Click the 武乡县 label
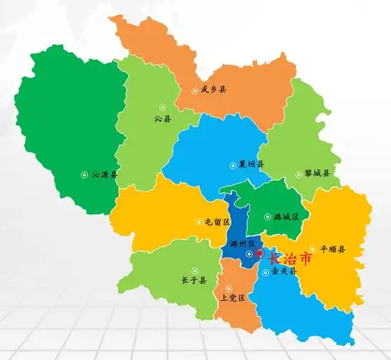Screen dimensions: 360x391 (213, 90)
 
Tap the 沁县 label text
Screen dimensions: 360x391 (163, 117)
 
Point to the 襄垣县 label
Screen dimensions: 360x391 (251, 164)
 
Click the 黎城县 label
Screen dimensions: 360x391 (317, 174)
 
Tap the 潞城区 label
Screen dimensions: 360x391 (286, 216)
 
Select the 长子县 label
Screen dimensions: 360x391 (194, 280)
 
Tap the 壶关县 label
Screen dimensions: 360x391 (284, 272)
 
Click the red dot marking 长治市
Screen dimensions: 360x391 (260, 253)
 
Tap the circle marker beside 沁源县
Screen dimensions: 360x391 (84, 174)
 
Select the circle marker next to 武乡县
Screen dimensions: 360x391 (194, 91)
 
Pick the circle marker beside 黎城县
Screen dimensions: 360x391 (299, 174)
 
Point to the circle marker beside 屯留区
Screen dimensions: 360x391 (198, 222)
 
